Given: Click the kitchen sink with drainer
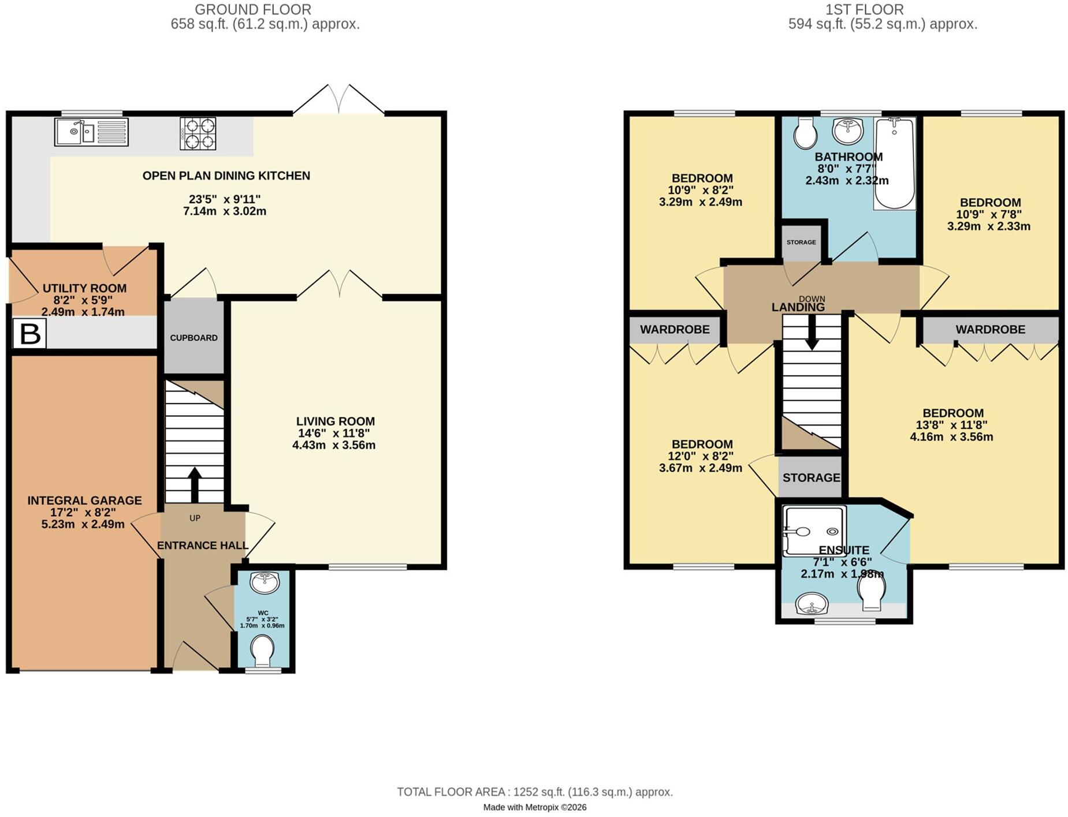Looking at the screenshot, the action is [91, 132].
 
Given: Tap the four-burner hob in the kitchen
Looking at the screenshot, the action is [198, 133].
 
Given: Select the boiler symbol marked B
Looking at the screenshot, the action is [29, 334].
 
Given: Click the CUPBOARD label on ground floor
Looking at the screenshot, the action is [193, 338].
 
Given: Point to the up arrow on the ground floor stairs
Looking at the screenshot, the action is [194, 484].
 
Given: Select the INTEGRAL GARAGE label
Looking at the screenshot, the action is [84, 501].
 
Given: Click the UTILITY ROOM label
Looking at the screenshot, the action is [84, 288].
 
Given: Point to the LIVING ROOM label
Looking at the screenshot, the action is [336, 421].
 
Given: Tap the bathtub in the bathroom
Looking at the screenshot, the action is [894, 163].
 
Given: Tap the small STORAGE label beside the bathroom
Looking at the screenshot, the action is [801, 242].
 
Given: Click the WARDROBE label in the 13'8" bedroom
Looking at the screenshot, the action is [990, 329].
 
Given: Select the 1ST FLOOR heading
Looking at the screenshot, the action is [864, 9].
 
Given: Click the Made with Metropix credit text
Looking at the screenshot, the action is [535, 807].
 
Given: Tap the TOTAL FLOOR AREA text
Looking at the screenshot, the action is [535, 792].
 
